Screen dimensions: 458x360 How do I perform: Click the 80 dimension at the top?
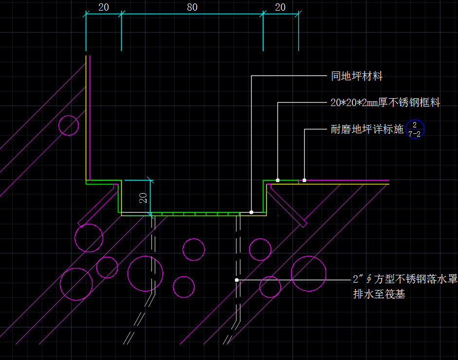[x=192, y=7]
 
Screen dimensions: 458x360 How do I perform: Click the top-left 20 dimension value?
[x=104, y=7]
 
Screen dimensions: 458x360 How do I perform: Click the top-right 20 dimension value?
[x=280, y=7]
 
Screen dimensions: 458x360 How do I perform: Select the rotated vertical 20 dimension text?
[x=143, y=198]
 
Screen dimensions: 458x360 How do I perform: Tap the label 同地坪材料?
[x=357, y=76]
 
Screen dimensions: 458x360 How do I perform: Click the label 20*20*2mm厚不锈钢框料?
[x=385, y=103]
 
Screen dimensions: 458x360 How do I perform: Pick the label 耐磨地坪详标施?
[x=367, y=129]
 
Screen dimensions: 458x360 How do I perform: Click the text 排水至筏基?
[x=379, y=294]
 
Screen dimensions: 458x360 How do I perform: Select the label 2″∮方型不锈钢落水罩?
[x=405, y=279]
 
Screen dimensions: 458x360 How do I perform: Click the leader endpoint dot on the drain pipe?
[x=237, y=280]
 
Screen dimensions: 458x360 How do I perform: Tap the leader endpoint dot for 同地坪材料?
[x=251, y=212]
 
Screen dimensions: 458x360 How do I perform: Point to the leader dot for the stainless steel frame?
[x=277, y=180]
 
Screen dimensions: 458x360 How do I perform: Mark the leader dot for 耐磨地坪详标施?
[x=304, y=180]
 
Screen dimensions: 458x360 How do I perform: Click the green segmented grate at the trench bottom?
[x=195, y=214]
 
